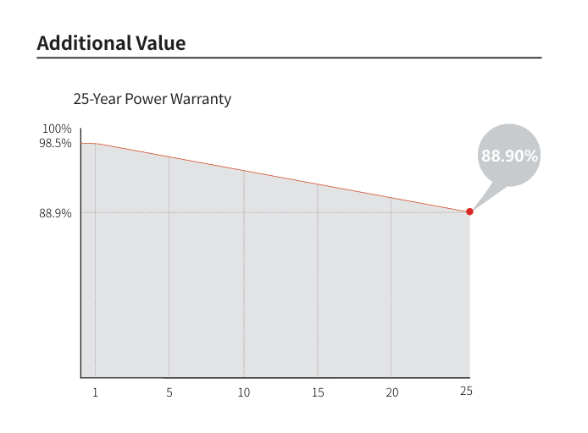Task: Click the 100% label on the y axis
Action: click(x=57, y=129)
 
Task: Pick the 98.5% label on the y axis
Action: click(x=55, y=143)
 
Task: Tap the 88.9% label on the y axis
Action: click(x=55, y=213)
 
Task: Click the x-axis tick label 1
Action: click(x=96, y=392)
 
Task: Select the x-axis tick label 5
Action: click(x=169, y=392)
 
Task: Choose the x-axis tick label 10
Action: click(x=243, y=392)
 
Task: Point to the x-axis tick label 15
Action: click(x=318, y=392)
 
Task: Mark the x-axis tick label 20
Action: click(x=391, y=392)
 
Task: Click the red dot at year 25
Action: click(x=469, y=211)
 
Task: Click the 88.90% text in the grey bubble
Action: click(x=509, y=156)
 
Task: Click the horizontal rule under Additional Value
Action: click(x=289, y=58)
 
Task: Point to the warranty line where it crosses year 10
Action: click(x=244, y=171)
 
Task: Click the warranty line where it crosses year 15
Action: click(x=318, y=184)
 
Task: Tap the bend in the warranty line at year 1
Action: click(x=96, y=144)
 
